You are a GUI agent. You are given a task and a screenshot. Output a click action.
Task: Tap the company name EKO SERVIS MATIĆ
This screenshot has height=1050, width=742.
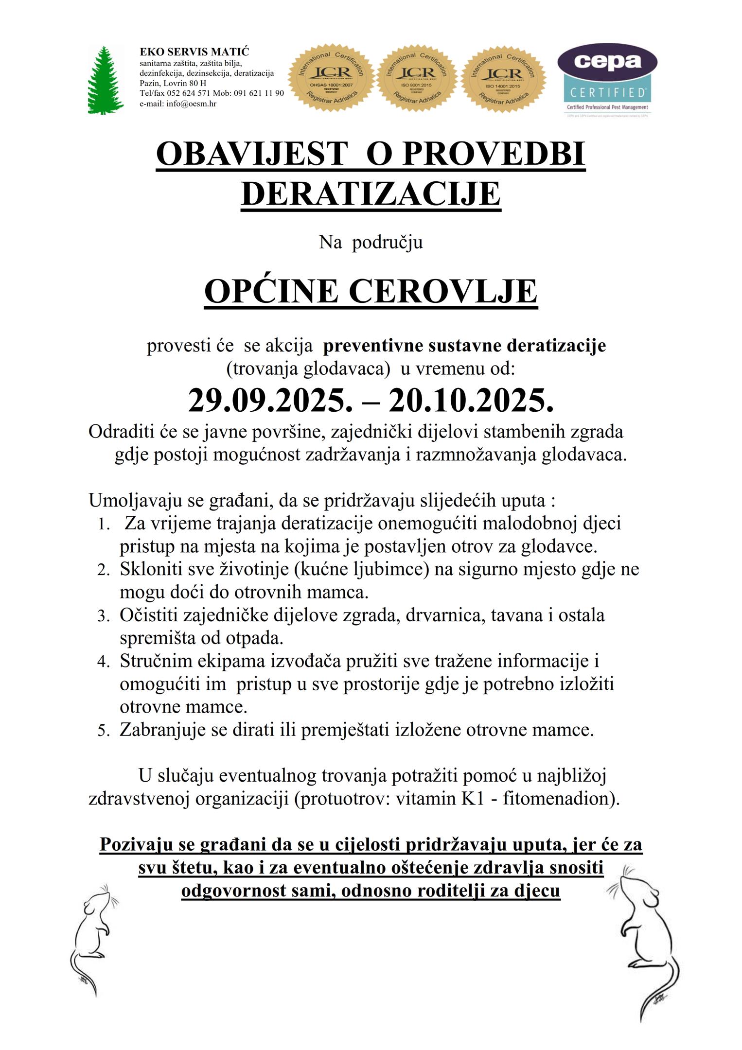[x=194, y=52]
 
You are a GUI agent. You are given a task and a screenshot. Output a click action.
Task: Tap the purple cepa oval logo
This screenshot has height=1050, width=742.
[x=607, y=62]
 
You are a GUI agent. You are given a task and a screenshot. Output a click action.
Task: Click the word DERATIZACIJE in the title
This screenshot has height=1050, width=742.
[x=371, y=194]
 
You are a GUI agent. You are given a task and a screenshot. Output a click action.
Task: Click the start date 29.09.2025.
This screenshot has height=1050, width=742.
[x=268, y=401]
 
